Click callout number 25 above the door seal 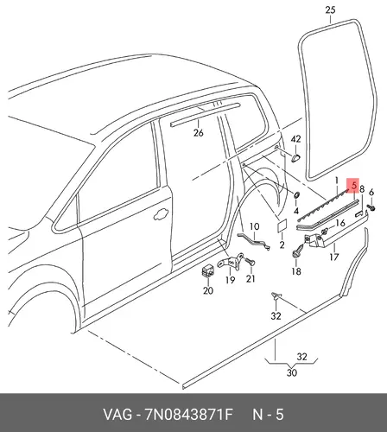pyautogui.click(x=330, y=10)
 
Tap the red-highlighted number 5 pyautogui.click(x=354, y=185)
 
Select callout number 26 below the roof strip pyautogui.click(x=198, y=133)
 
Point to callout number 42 pyautogui.click(x=295, y=139)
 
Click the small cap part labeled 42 pyautogui.click(x=295, y=157)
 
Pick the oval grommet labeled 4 pyautogui.click(x=296, y=195)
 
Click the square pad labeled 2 pyautogui.click(x=282, y=225)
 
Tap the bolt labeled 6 pyautogui.click(x=371, y=207)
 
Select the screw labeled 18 pyautogui.click(x=298, y=250)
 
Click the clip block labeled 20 pyautogui.click(x=207, y=270)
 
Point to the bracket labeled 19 pyautogui.click(x=230, y=262)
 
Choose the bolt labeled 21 pyautogui.click(x=250, y=262)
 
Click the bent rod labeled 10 pyautogui.click(x=254, y=241)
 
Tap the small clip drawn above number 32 pyautogui.click(x=276, y=295)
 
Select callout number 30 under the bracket pyautogui.click(x=291, y=372)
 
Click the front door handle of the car pyautogui.click(x=162, y=214)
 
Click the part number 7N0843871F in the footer pyautogui.click(x=189, y=415)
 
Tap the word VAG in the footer pyautogui.click(x=118, y=415)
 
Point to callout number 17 pyautogui.click(x=334, y=257)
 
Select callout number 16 pyautogui.click(x=340, y=223)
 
